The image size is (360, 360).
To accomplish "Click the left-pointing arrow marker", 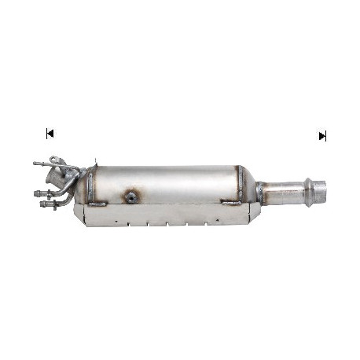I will click(50, 134).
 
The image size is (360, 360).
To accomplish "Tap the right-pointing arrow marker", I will click(321, 136).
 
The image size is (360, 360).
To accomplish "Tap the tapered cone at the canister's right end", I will click(250, 187).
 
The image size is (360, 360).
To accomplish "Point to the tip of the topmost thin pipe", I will click(35, 163).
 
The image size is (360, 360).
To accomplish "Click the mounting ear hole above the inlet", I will click(53, 160).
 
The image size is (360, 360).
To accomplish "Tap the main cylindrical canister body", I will click(165, 183).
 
